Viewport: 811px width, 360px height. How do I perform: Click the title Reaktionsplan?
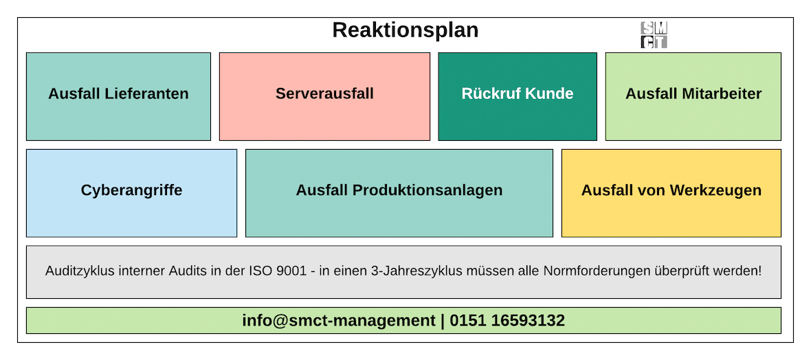405,30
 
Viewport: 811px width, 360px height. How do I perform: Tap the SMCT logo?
654,35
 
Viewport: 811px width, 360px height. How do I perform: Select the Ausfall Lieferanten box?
118,96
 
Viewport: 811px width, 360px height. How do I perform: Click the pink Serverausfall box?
324,96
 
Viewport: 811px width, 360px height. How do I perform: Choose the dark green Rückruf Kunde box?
518,96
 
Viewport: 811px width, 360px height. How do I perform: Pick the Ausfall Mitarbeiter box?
693,96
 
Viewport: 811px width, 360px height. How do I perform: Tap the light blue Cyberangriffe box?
131,194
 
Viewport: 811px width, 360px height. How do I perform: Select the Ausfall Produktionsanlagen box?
399,194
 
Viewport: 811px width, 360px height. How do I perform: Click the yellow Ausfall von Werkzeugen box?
671,194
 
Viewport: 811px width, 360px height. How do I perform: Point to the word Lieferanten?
146,93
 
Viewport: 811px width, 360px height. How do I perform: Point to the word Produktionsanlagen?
427,190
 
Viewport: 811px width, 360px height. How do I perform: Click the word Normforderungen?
585,271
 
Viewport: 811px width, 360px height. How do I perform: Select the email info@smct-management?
339,321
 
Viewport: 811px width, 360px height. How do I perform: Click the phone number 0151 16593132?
507,321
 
